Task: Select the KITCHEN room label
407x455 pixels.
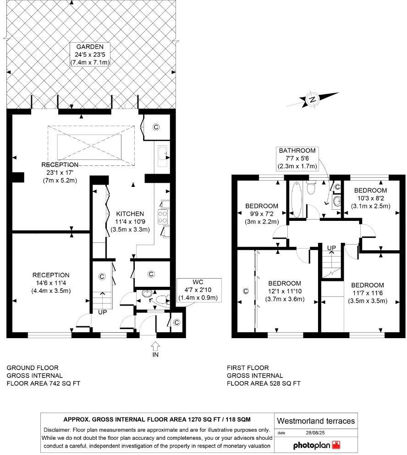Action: tap(130, 214)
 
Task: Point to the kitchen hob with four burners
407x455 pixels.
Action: tap(163, 216)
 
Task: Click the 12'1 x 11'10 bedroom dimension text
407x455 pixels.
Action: tap(285, 291)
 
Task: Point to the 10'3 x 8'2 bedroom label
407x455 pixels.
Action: tap(370, 198)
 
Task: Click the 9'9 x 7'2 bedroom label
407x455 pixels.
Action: tap(262, 214)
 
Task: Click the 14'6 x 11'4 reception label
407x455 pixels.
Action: tap(51, 283)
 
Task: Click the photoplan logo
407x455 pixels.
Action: tap(317, 444)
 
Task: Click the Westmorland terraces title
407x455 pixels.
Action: tap(316, 421)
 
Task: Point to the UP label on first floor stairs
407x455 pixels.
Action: tap(331, 248)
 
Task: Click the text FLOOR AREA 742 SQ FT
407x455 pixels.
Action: tap(43, 384)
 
